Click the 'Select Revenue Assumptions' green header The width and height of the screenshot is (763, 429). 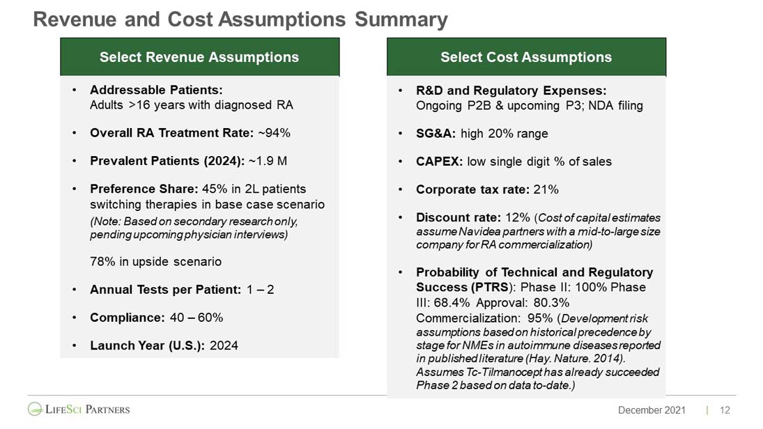[x=199, y=57]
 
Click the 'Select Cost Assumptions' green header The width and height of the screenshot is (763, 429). [x=526, y=57]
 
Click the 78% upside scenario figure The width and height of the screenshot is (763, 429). [x=102, y=262]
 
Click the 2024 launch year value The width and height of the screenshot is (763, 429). [x=224, y=345]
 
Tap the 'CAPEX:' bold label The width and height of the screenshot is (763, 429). [x=440, y=162]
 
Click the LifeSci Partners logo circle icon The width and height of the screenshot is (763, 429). [x=35, y=409]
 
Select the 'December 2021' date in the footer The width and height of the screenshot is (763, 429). [x=652, y=410]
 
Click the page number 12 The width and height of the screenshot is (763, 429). [x=725, y=410]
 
